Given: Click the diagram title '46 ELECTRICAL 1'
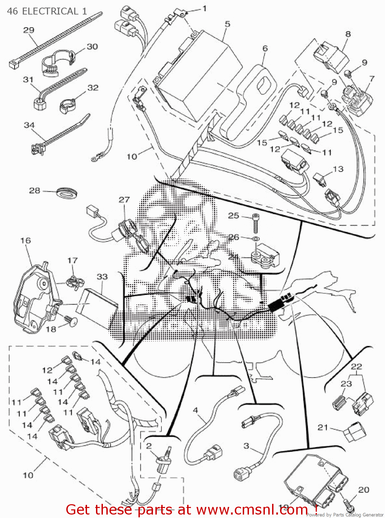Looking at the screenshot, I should click(47, 11).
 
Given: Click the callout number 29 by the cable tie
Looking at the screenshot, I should click(29, 30).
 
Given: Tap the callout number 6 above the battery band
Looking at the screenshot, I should click(265, 48).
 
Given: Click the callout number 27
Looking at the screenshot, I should click(124, 200).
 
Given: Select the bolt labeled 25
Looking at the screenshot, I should click(255, 223).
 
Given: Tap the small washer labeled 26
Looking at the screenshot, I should click(256, 239).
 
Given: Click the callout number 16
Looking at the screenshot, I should click(26, 240).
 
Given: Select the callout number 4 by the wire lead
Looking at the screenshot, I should click(195, 410).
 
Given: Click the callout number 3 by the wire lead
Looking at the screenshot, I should click(246, 446).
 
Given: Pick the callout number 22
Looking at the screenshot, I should click(356, 366).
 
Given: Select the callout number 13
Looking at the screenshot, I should click(338, 169).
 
